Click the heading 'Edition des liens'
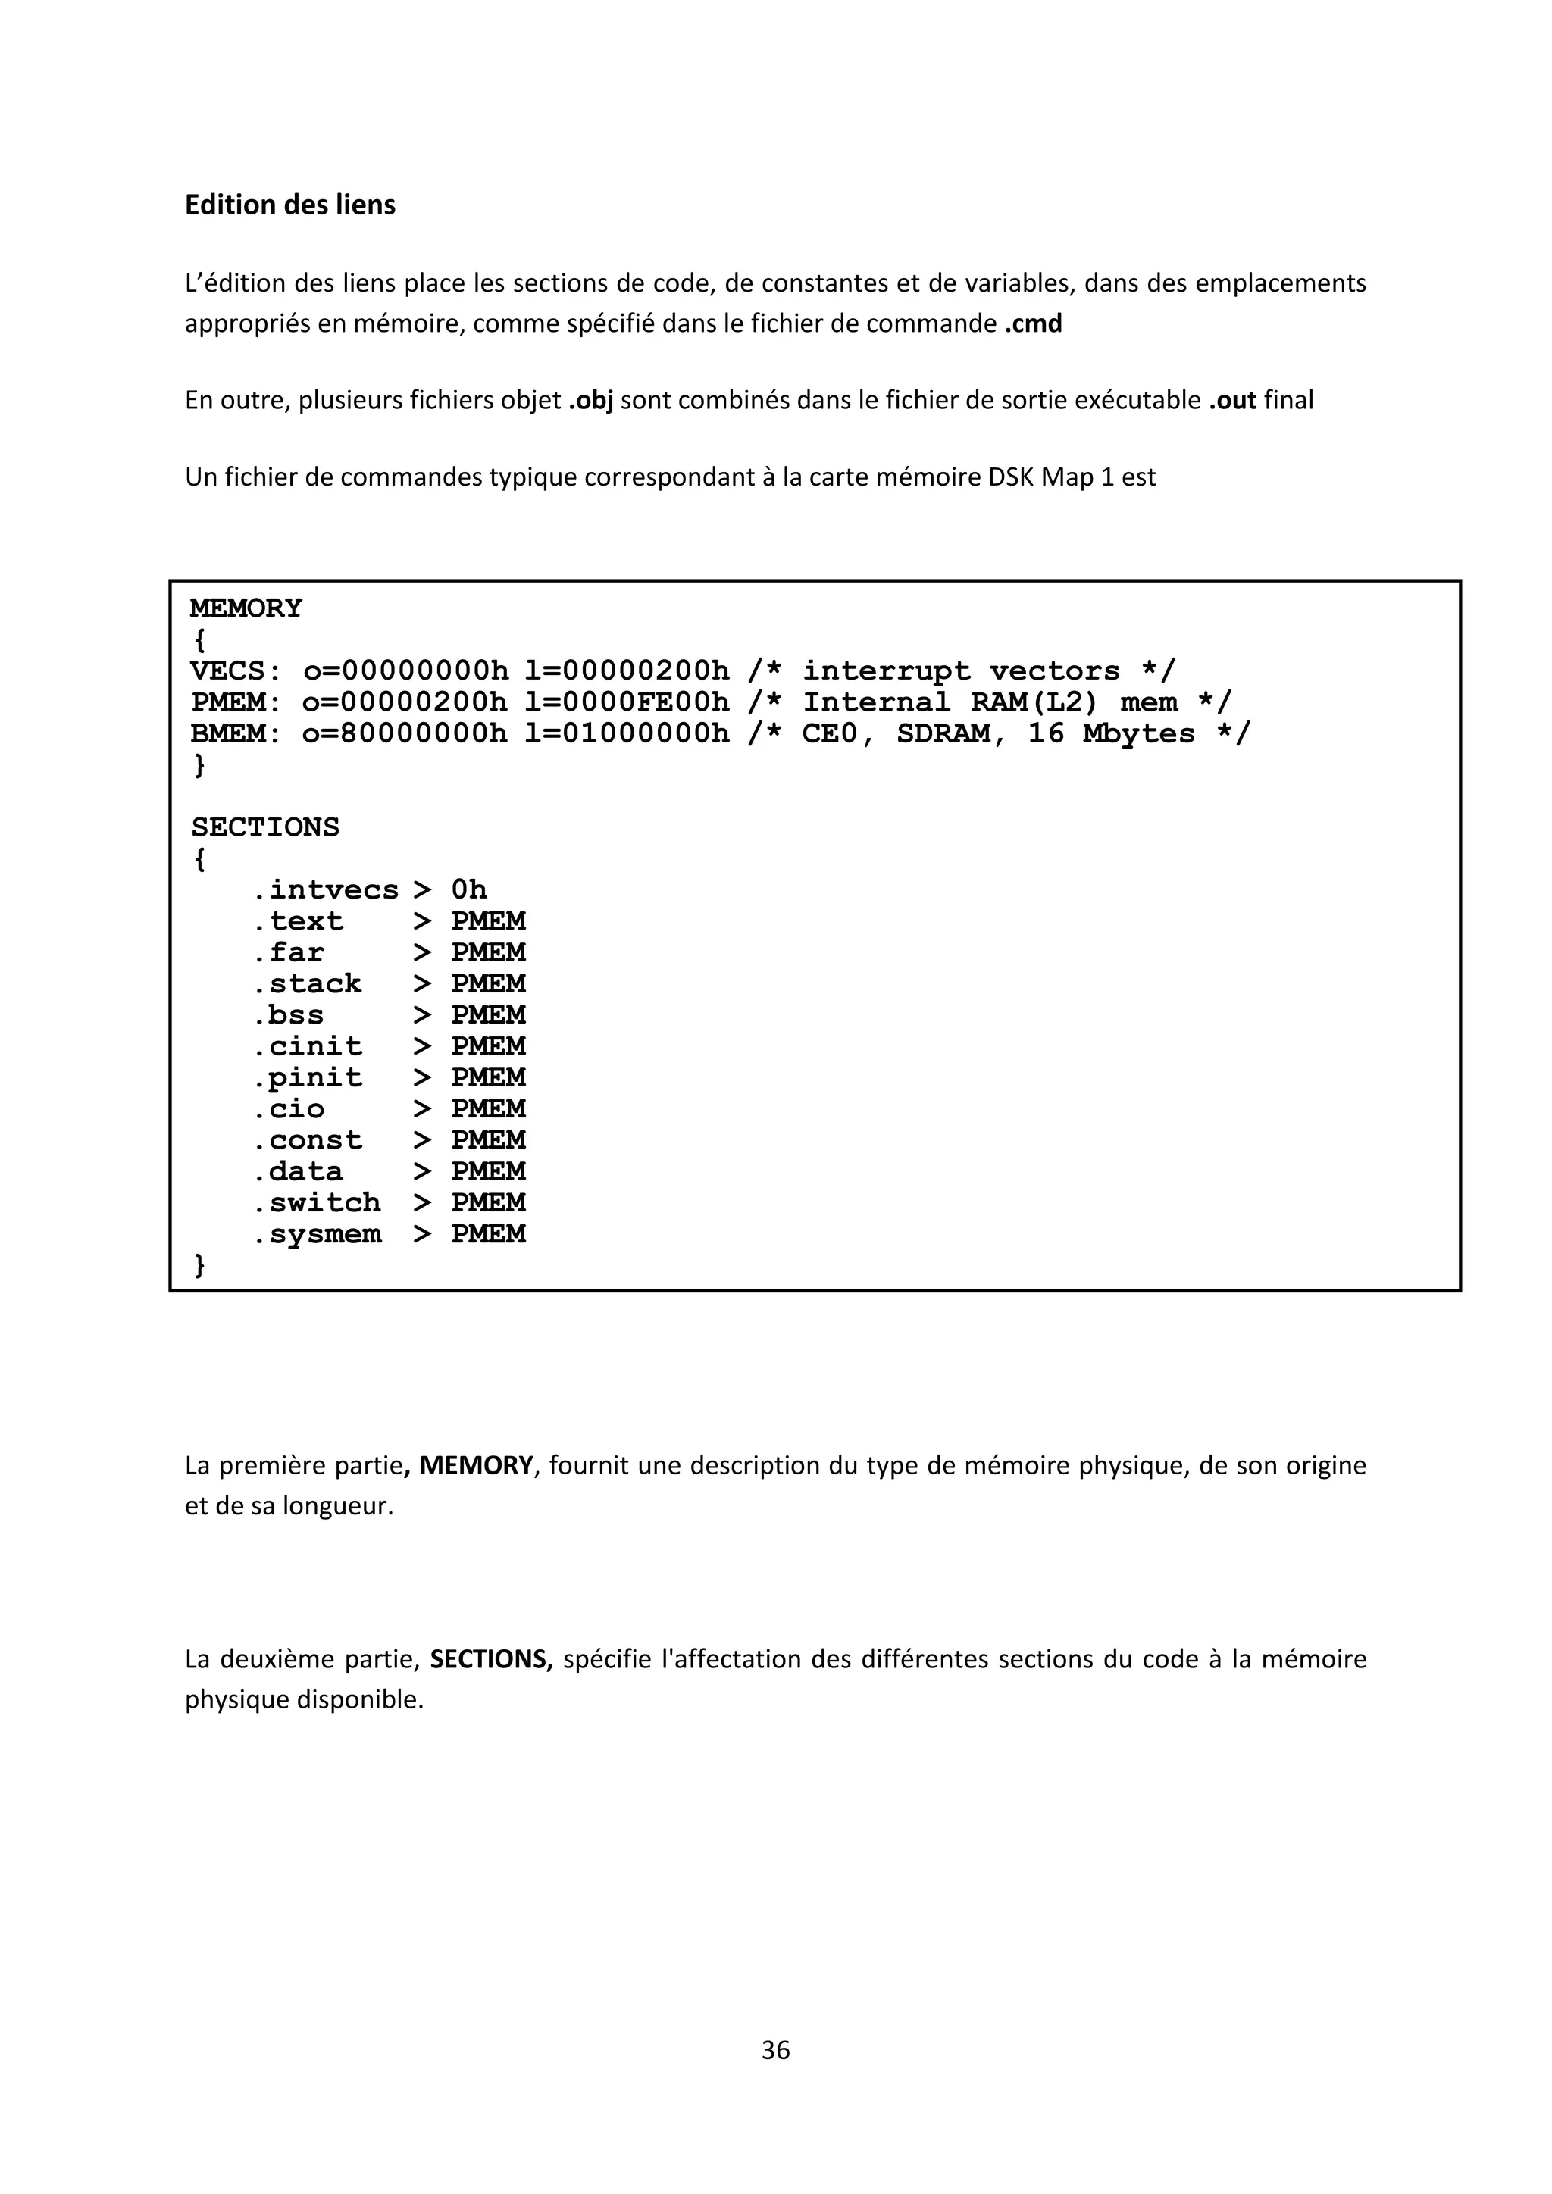coord(289,205)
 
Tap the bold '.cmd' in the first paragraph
coord(1033,324)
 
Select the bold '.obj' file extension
coord(590,400)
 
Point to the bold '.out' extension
coord(1232,400)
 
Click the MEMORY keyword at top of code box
coord(246,608)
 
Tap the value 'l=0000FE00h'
coord(627,702)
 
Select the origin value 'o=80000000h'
coord(405,734)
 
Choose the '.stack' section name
coord(307,984)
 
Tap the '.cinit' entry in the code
coord(307,1046)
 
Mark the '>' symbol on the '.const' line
coord(422,1141)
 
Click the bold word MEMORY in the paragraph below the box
coord(476,1466)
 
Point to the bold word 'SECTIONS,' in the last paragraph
coord(491,1659)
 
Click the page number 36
coord(776,2051)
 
